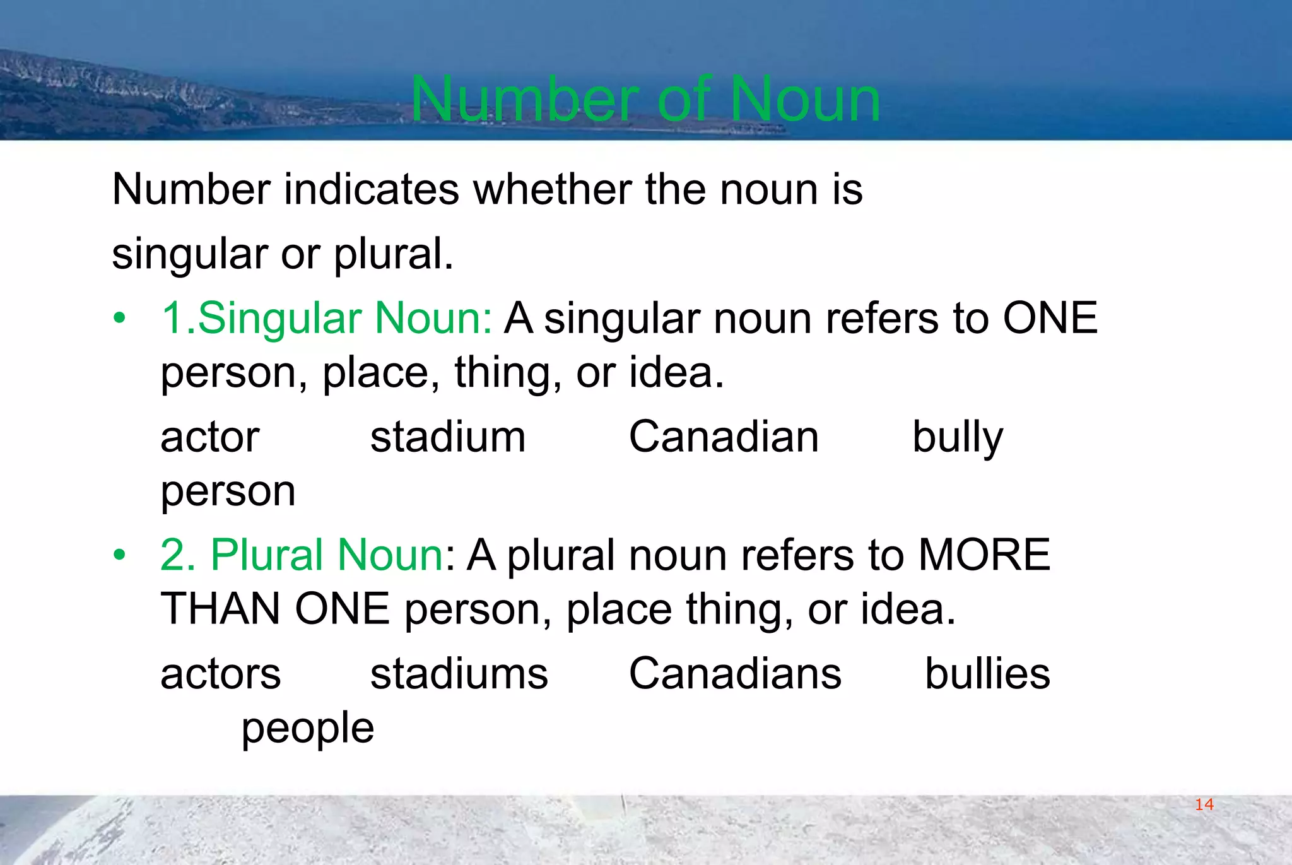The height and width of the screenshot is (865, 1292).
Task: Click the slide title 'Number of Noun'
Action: (645, 99)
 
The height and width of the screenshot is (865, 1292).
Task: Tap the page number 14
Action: (1204, 804)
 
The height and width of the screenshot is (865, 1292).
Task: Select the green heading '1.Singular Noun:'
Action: (327, 317)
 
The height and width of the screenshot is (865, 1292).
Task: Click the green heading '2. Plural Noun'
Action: (302, 555)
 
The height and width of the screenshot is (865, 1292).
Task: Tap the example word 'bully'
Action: (958, 438)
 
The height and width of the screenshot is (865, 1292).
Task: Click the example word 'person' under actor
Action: (228, 491)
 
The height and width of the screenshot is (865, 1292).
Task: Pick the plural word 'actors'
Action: (220, 673)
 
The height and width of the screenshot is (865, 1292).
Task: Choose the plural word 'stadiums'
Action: (459, 673)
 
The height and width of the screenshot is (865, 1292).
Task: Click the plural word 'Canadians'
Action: (735, 673)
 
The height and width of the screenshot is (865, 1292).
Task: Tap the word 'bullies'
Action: (987, 673)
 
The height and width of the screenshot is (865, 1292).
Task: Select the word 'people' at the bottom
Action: (308, 729)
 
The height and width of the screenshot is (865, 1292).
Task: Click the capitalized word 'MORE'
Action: (984, 555)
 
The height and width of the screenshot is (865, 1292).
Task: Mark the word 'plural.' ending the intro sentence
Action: (393, 254)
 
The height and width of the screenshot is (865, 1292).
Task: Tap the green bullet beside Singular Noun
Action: (119, 318)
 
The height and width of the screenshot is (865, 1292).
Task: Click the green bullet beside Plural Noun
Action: (119, 555)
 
